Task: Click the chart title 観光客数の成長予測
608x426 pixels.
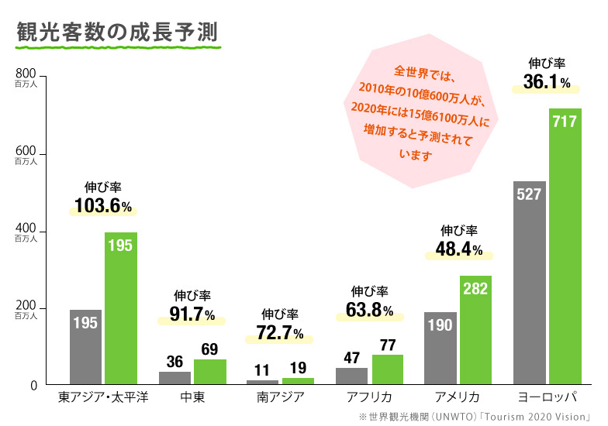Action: click(x=116, y=32)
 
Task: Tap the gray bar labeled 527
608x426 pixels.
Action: click(x=529, y=283)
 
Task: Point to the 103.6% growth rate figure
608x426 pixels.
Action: click(x=103, y=206)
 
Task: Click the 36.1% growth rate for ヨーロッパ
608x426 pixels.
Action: click(x=547, y=81)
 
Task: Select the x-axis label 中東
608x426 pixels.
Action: click(x=192, y=398)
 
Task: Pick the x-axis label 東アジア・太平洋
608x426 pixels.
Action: click(x=103, y=398)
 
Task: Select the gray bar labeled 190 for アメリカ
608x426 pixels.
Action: click(x=440, y=348)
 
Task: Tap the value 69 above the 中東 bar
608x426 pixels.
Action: click(x=209, y=349)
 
